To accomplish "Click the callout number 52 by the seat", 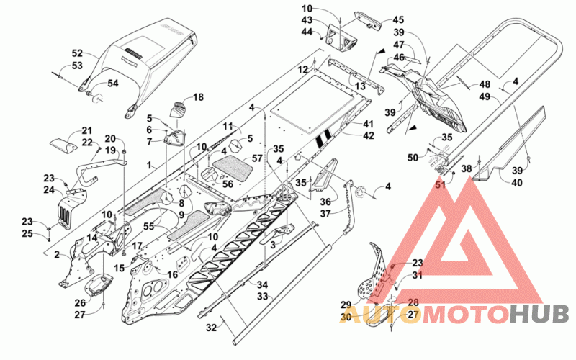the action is coord(77,53).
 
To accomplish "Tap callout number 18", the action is coord(198,97).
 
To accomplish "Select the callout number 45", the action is coord(398,20).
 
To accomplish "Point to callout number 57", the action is coord(257,158).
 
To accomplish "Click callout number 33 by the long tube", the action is coord(262,296).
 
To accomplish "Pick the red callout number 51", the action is coord(440,184).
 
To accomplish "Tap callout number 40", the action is coord(517,182).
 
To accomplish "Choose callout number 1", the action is coord(149,166).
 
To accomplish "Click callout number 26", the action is coord(80,302).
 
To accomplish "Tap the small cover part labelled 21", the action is coord(63,145).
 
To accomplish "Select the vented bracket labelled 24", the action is coord(71,208).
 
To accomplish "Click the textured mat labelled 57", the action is coord(233,168).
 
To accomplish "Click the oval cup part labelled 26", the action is coord(99,285).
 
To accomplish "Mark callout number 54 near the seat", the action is coord(113,84).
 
